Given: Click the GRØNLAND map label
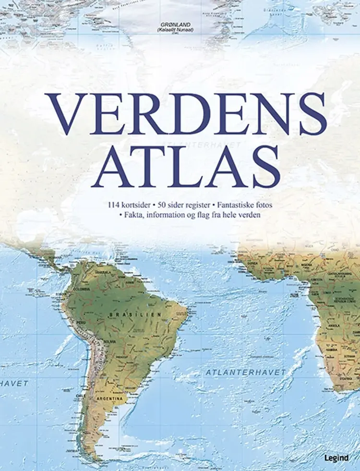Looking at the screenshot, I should click(178, 24).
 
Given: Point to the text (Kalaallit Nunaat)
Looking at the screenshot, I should click(178, 29).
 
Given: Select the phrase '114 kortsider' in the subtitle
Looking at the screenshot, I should click(128, 205).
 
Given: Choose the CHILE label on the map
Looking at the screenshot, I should click(80, 396).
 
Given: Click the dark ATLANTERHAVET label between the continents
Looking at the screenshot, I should click(245, 372).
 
